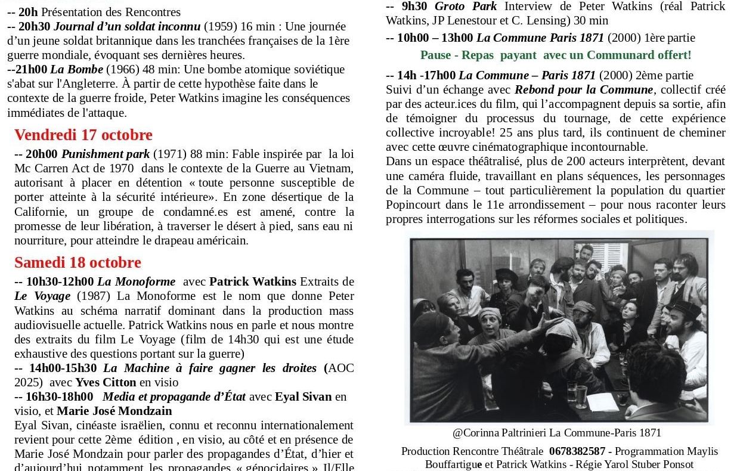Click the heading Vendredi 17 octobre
(x=83, y=135)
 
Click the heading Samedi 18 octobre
(x=78, y=262)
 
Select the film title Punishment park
(x=106, y=154)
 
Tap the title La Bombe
(x=76, y=69)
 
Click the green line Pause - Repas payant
(x=555, y=55)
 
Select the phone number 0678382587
(x=577, y=451)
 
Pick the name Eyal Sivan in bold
(x=303, y=396)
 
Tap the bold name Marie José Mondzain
(x=114, y=411)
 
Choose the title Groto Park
(x=466, y=6)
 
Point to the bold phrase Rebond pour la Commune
(x=584, y=89)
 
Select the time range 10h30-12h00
(x=60, y=281)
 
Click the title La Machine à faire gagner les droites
(x=209, y=368)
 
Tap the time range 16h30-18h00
(x=59, y=396)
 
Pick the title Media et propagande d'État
(x=174, y=396)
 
